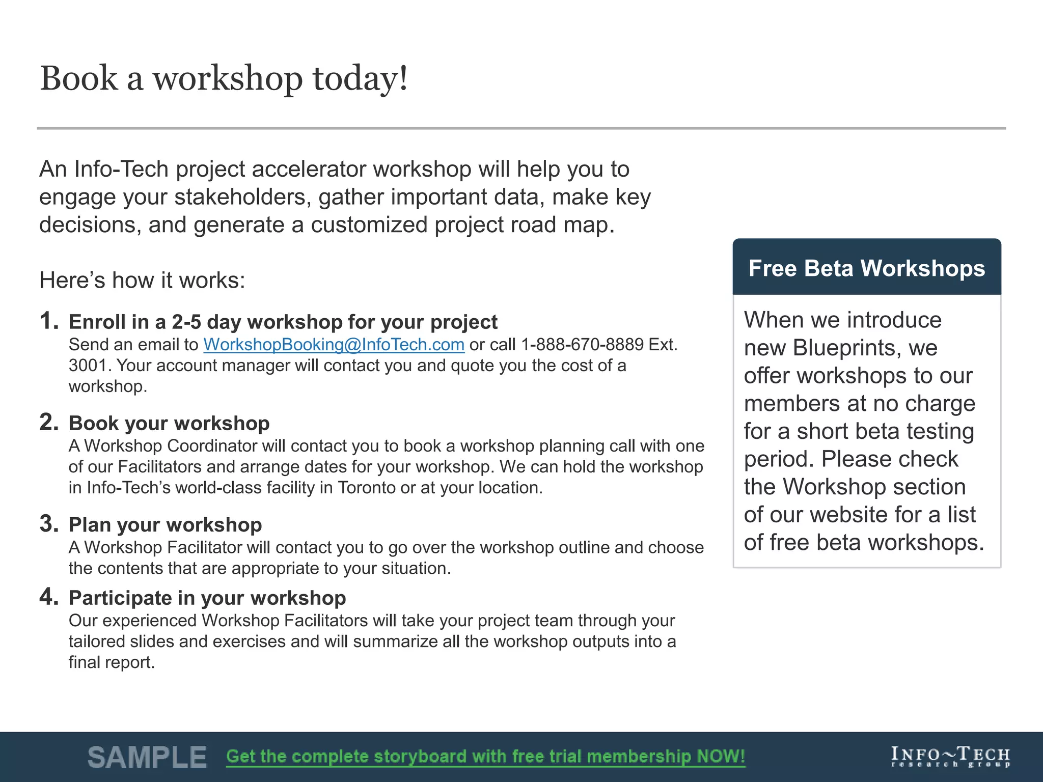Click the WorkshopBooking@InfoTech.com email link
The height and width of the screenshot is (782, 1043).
point(334,345)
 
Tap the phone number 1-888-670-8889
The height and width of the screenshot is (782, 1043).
point(582,345)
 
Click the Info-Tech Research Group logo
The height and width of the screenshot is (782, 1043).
point(950,757)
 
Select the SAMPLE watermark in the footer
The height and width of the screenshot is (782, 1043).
point(147,757)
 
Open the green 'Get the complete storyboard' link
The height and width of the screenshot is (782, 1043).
point(485,757)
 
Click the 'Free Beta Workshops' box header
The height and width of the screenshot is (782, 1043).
point(866,268)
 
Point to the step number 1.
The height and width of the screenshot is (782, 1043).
point(49,321)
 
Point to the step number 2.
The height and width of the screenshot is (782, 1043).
point(49,423)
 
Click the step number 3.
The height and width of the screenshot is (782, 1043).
point(49,524)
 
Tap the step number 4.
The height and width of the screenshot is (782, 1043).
point(49,597)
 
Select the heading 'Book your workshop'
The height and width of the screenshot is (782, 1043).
point(169,424)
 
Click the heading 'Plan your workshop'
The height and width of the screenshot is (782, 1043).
point(165,525)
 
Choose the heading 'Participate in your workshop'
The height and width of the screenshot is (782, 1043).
point(207,598)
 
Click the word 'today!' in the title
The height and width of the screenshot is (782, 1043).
point(360,79)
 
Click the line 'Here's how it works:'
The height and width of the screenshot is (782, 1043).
point(142,281)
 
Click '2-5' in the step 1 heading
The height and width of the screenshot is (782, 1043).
point(186,322)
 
